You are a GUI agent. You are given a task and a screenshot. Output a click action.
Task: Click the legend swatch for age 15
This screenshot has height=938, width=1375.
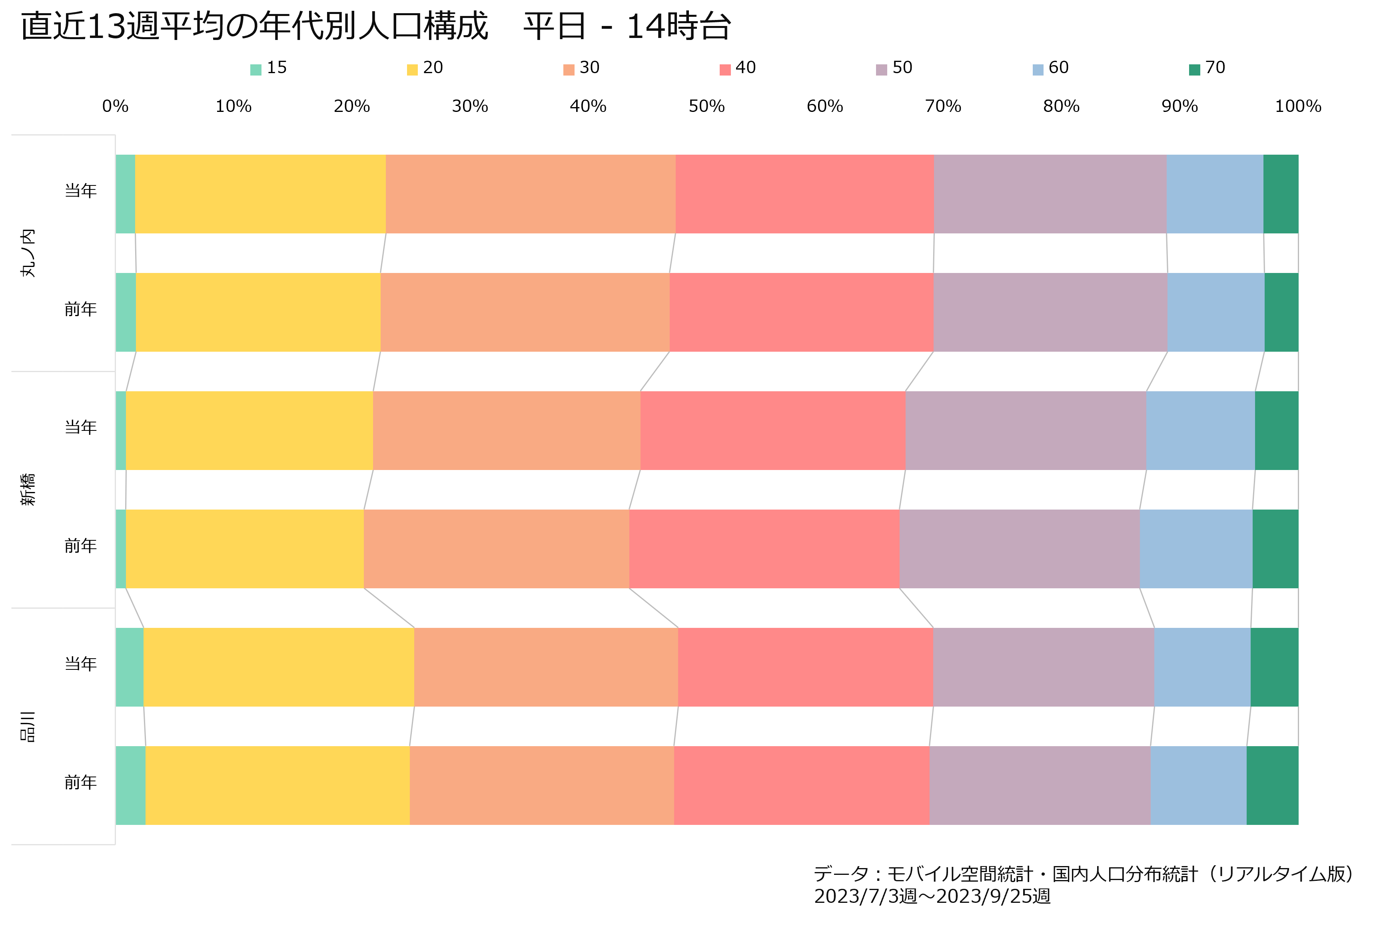255,70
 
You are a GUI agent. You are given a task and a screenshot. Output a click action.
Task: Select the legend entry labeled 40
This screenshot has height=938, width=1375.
737,68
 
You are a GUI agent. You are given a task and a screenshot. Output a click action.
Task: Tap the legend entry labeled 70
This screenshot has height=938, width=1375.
1207,68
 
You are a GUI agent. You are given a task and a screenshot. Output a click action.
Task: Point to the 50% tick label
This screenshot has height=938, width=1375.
706,106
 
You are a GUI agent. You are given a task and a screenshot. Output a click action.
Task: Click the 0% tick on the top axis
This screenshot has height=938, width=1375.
116,106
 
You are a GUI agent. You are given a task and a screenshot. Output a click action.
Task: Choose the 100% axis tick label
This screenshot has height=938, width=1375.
1298,106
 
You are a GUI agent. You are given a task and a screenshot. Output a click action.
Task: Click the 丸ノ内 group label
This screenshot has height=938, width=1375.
28,253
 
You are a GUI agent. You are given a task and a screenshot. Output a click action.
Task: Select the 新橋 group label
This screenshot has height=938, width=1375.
28,490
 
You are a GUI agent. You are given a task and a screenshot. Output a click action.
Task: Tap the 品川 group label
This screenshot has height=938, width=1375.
28,726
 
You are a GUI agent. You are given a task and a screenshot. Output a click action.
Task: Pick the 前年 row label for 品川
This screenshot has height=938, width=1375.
80,783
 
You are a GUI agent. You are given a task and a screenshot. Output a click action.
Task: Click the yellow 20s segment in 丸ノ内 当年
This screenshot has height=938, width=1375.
260,194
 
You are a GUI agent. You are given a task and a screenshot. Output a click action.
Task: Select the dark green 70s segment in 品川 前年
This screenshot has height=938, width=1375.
1273,785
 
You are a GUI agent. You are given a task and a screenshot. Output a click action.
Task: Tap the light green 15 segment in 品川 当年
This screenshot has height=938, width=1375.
130,667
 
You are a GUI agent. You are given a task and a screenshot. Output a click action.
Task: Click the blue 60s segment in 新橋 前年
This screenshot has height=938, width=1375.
1196,549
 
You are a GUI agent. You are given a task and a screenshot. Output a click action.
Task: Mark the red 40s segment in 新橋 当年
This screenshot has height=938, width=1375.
773,430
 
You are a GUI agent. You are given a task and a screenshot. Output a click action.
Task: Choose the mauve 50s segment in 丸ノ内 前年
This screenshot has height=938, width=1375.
1050,312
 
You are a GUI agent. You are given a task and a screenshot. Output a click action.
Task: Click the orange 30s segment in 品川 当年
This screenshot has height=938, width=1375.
546,667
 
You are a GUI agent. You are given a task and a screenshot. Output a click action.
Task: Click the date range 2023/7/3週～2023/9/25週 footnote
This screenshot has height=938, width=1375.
932,896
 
